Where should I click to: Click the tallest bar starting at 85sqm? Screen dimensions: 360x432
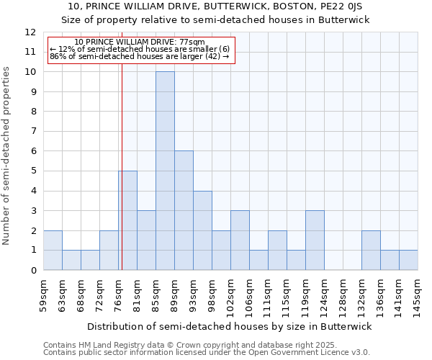[165, 171]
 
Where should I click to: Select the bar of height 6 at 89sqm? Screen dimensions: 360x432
[184, 210]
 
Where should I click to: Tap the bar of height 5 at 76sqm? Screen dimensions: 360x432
[127, 220]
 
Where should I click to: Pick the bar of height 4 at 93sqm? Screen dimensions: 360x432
[202, 230]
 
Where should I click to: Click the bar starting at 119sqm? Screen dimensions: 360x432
[315, 240]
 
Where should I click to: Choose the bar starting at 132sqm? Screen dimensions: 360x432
[371, 251]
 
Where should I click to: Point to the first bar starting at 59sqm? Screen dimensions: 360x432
[53, 251]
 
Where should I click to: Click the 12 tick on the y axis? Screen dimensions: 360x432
[30, 32]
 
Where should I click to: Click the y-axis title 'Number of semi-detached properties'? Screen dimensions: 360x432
[6, 156]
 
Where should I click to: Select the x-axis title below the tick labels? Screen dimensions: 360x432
[230, 327]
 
